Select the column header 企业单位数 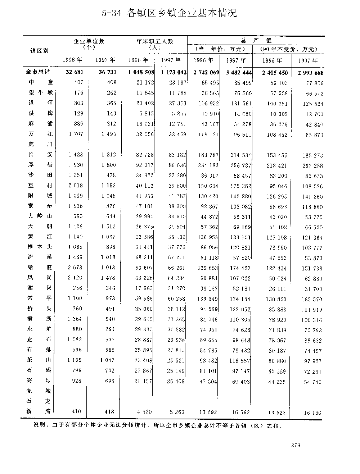(x=89, y=41)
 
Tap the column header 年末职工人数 (x=155, y=41)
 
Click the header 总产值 (x=256, y=40)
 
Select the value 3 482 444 (x=236, y=72)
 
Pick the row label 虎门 (x=40, y=144)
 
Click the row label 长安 (x=40, y=155)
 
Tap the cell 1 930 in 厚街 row (x=76, y=165)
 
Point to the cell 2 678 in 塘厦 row (x=75, y=268)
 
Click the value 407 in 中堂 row (x=78, y=82)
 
